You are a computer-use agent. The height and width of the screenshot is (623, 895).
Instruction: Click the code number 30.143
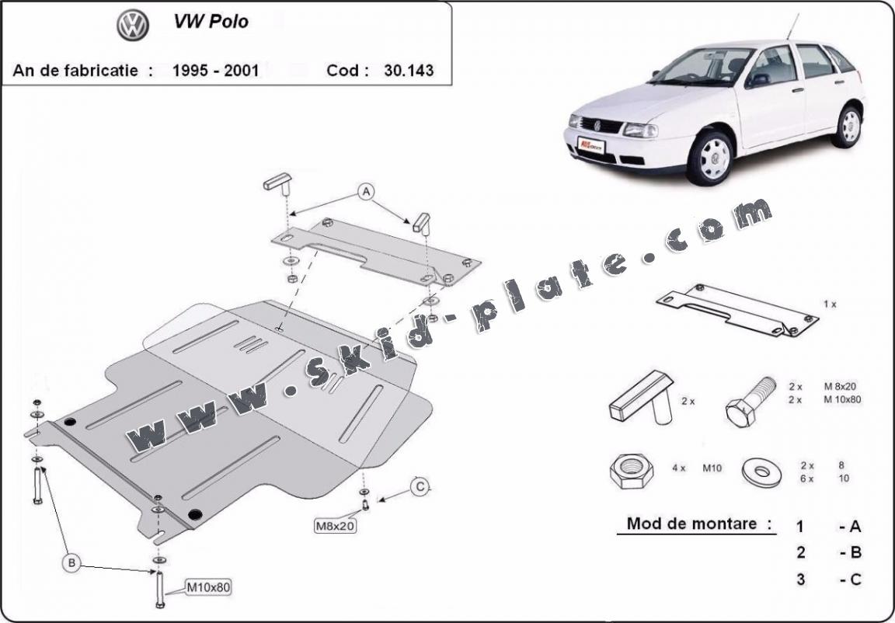coord(409,70)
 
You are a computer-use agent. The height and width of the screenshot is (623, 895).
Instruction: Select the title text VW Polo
coord(211,22)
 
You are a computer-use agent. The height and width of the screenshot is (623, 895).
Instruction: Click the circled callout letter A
coord(366,192)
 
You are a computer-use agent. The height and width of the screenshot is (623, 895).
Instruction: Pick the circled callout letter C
coord(420,487)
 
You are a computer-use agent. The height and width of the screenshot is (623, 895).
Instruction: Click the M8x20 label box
coord(335,525)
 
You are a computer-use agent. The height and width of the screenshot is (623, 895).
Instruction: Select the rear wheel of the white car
coord(849,126)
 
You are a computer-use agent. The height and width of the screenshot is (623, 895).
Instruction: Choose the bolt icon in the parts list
coord(749,400)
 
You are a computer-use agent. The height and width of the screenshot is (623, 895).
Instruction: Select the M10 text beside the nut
coord(712,468)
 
